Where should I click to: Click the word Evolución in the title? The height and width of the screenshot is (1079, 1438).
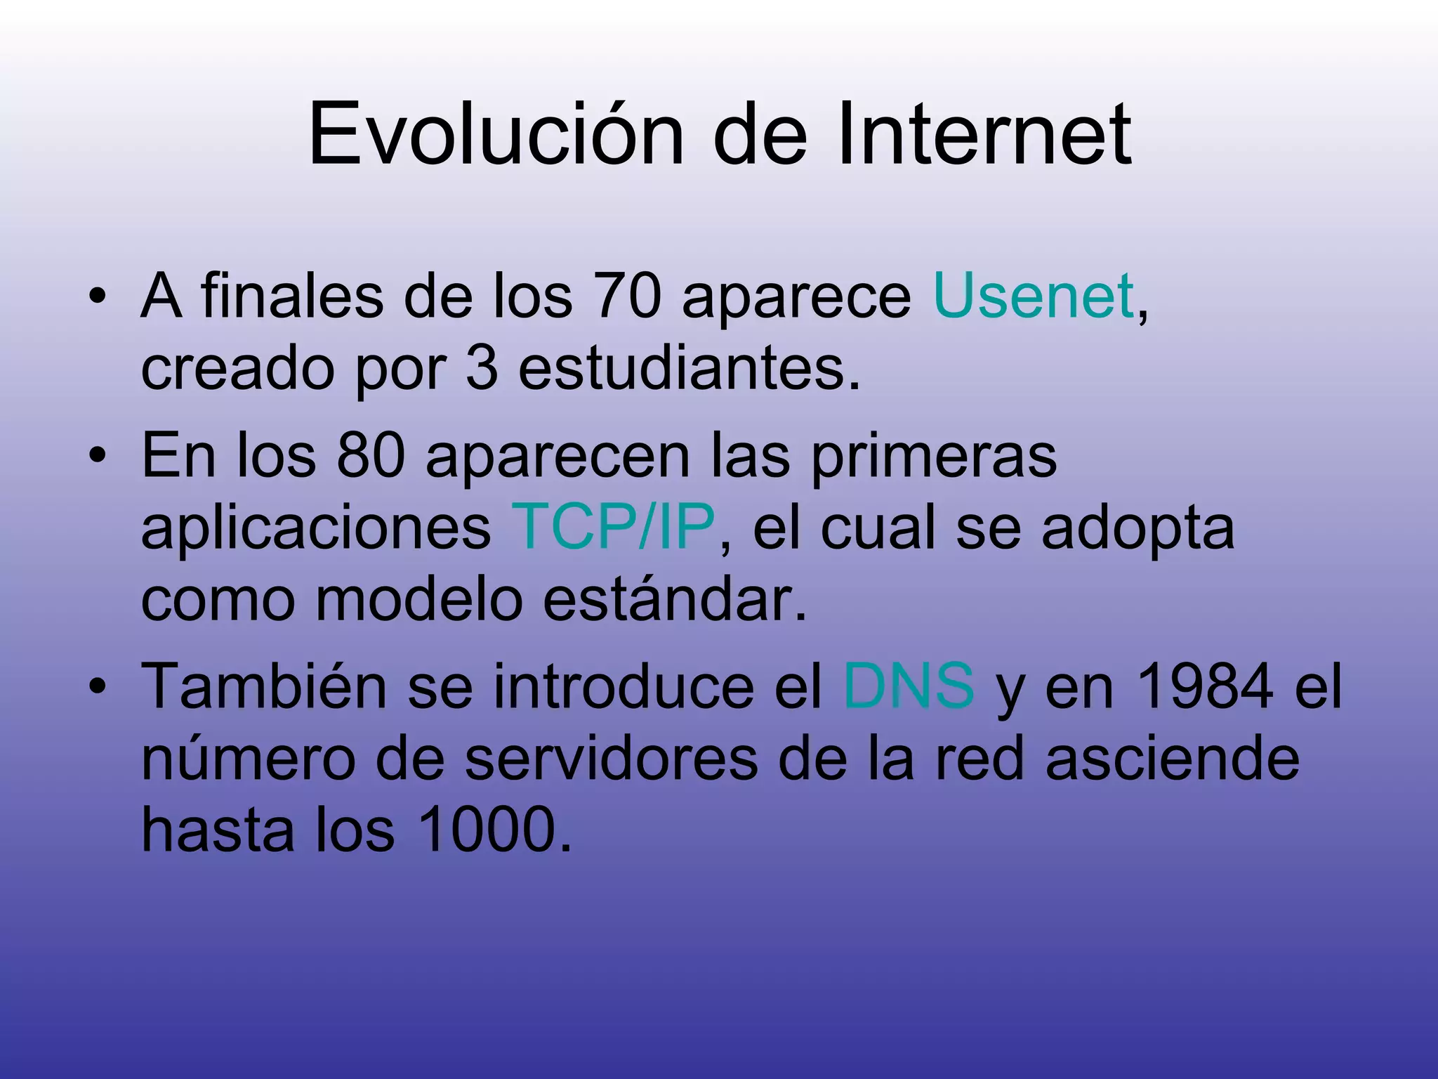[496, 133]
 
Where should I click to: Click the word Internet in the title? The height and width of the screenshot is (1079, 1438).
[984, 133]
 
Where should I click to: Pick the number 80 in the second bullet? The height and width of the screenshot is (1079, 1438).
[371, 455]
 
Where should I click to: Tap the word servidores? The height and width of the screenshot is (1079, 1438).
[611, 758]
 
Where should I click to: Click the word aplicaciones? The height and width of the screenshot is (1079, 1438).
[316, 528]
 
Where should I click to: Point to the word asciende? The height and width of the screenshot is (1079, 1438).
[1172, 758]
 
